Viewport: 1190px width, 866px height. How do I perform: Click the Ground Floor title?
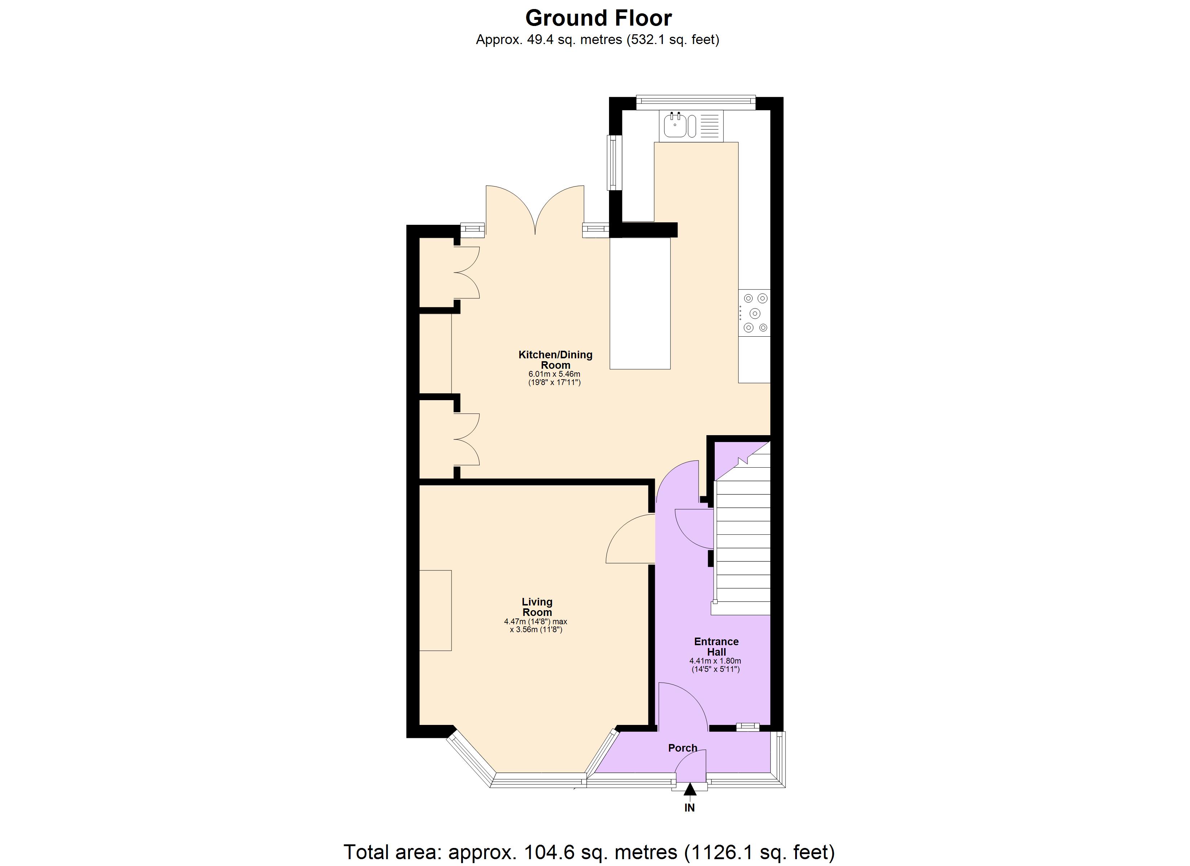pos(598,18)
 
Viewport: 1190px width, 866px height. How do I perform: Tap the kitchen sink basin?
pos(674,126)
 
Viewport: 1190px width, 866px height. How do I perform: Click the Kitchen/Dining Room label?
pos(555,360)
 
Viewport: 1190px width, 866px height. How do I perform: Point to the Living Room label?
pos(537,607)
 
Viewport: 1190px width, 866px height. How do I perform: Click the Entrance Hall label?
pos(716,647)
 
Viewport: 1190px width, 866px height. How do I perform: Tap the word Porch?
pos(683,748)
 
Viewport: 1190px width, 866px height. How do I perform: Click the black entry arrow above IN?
pos(690,790)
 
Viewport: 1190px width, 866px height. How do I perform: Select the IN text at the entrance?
pos(689,808)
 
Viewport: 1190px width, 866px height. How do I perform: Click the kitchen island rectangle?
pos(640,303)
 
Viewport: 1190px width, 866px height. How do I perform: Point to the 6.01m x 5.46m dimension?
pos(554,374)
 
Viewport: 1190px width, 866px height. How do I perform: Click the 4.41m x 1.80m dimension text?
pos(715,661)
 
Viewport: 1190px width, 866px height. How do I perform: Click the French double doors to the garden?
pos(535,210)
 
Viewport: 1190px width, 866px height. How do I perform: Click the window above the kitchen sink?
pos(696,102)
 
